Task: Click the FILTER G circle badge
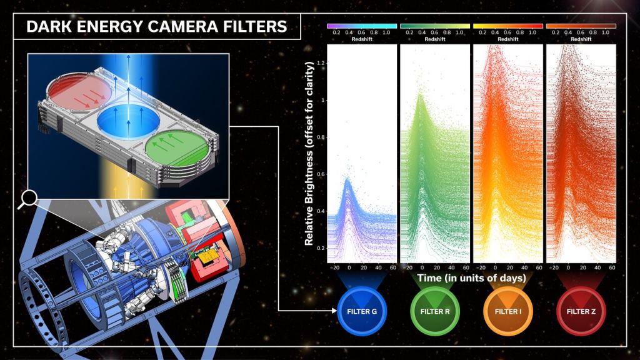pyautogui.click(x=362, y=311)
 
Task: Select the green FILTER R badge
pyautogui.click(x=435, y=311)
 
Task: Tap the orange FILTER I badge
pyautogui.click(x=507, y=311)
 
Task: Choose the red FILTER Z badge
pyautogui.click(x=581, y=311)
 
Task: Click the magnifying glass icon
pyautogui.click(x=27, y=199)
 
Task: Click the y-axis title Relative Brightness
pyautogui.click(x=309, y=154)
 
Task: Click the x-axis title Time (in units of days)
pyautogui.click(x=471, y=278)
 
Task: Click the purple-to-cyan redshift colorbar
pyautogui.click(x=362, y=26)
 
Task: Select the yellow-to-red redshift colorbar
pyautogui.click(x=507, y=26)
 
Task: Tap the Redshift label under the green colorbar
pyautogui.click(x=435, y=39)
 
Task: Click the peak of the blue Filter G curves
pyautogui.click(x=347, y=179)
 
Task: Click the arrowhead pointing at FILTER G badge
pyautogui.click(x=334, y=311)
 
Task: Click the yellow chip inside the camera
pyautogui.click(x=207, y=256)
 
